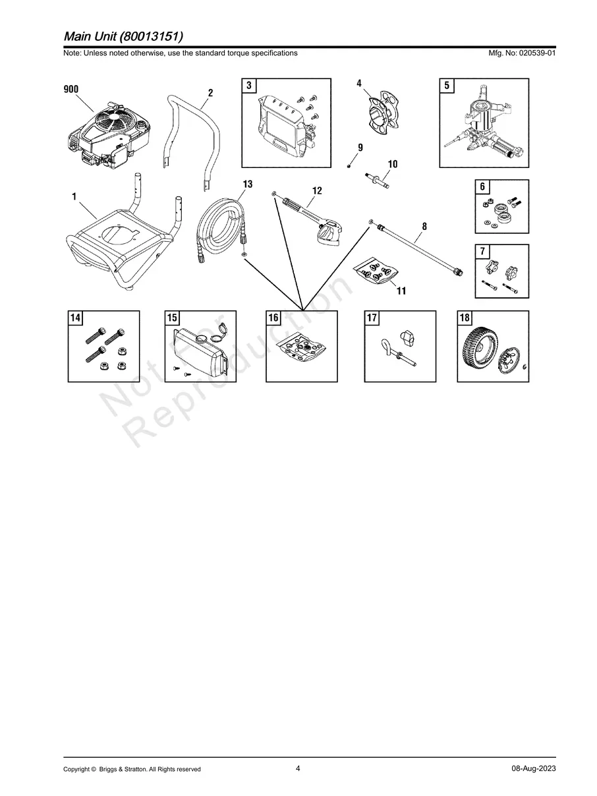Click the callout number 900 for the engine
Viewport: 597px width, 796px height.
pos(71,89)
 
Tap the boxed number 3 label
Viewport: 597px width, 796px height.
pos(248,85)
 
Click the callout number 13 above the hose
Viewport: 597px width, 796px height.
pos(248,185)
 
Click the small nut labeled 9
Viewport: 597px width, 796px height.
pos(349,166)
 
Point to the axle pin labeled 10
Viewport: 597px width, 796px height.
pos(378,181)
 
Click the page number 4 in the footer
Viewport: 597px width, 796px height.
pos(298,767)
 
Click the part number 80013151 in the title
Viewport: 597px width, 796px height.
pos(151,36)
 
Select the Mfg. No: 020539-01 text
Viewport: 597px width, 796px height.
pos(522,53)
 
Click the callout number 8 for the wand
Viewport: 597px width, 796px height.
pos(424,226)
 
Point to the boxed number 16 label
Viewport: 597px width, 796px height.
pos(273,318)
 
